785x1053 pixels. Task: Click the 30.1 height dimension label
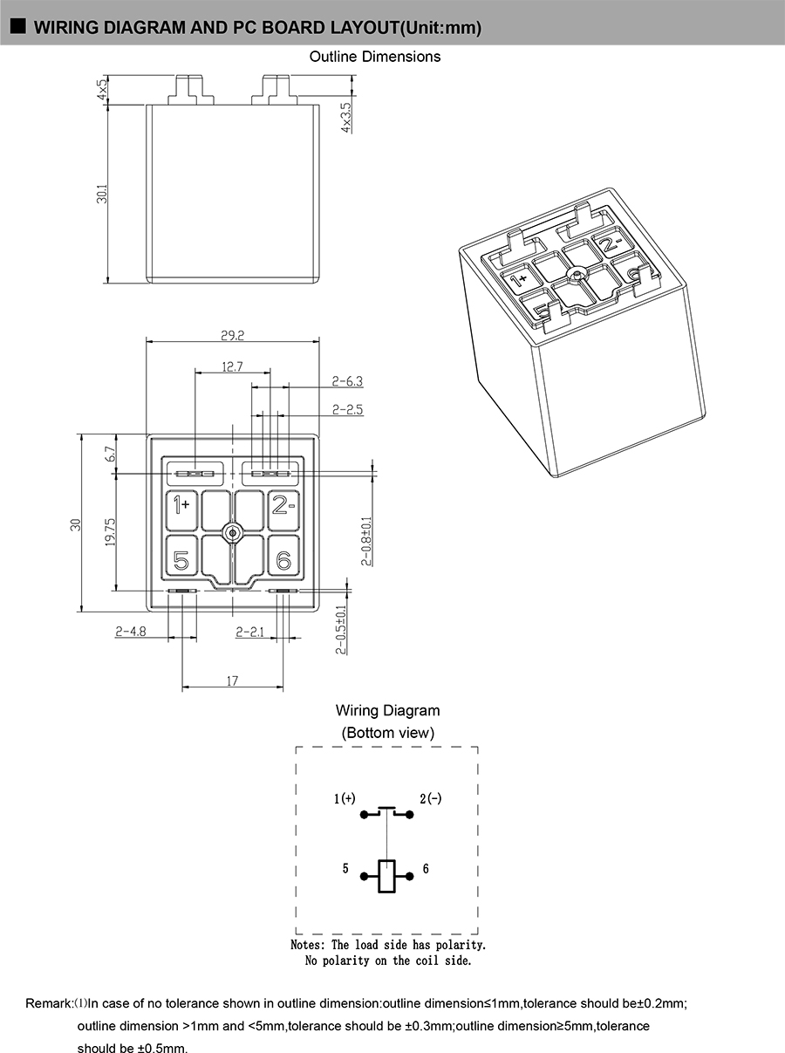(x=102, y=194)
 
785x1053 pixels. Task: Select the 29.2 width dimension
(x=233, y=335)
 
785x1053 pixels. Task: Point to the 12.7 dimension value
(x=233, y=367)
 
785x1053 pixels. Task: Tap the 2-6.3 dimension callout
(x=348, y=381)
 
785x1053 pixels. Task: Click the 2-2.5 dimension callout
(x=348, y=410)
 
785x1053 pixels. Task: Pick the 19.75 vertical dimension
(x=111, y=531)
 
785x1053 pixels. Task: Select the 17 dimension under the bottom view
(x=233, y=680)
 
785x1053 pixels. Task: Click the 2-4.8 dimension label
(x=131, y=632)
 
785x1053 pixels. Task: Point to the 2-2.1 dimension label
(x=249, y=632)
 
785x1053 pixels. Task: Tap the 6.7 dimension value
(x=110, y=454)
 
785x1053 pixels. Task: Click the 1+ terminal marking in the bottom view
(x=181, y=505)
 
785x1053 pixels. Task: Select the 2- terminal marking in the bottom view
(x=283, y=505)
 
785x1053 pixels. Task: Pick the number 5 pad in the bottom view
(x=181, y=560)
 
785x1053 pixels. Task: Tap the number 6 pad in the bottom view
(x=283, y=560)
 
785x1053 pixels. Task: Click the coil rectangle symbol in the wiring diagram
(x=386, y=876)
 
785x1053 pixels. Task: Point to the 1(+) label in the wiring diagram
(x=345, y=798)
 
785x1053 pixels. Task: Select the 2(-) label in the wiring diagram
(x=431, y=798)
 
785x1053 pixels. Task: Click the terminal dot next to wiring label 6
(x=410, y=877)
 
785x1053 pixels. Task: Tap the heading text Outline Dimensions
(x=375, y=57)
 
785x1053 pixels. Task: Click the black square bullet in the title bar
(x=18, y=26)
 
